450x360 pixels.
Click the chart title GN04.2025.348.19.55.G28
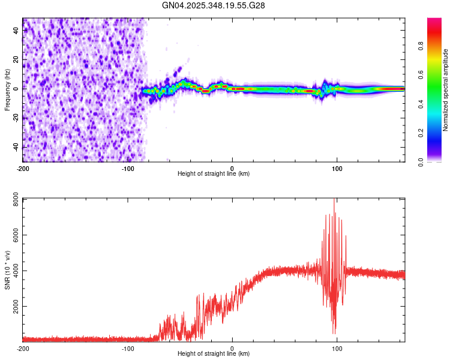[214, 5]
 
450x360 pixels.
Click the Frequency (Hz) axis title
[7, 89]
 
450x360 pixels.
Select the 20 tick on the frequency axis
[16, 59]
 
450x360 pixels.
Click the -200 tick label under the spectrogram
[23, 169]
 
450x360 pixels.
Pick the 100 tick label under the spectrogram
[337, 169]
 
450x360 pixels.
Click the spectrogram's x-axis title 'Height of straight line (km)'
[214, 174]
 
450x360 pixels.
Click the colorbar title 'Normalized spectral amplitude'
[446, 90]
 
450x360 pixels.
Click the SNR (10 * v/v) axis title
[7, 269]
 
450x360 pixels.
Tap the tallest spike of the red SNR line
[334, 199]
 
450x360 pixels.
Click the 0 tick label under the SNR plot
[232, 349]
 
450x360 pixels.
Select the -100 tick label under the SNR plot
[127, 349]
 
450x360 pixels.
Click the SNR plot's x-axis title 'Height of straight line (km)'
[214, 354]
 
